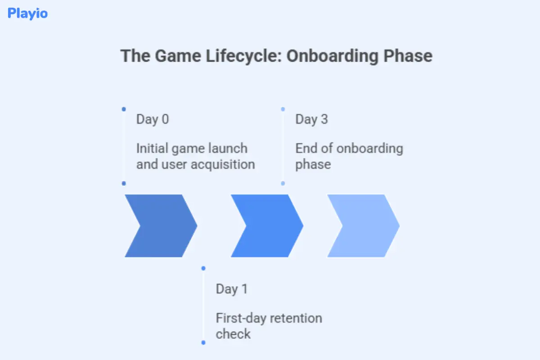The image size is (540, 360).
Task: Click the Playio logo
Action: click(27, 13)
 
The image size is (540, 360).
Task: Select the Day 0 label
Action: click(153, 119)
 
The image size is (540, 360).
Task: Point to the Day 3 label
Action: click(311, 119)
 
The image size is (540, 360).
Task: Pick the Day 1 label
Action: click(232, 288)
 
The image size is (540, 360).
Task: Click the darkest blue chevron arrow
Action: click(160, 226)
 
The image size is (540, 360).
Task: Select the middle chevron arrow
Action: click(266, 226)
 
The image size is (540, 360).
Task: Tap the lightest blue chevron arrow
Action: click(362, 226)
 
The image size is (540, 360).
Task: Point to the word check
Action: click(233, 334)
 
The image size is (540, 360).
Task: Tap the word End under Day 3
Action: click(306, 148)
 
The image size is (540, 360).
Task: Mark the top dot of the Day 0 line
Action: click(124, 109)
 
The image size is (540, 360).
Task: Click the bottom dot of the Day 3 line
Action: click(283, 183)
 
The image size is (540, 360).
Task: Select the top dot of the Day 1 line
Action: click(203, 268)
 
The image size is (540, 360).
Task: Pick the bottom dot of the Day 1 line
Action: click(203, 342)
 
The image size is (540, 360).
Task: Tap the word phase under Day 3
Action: click(313, 164)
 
